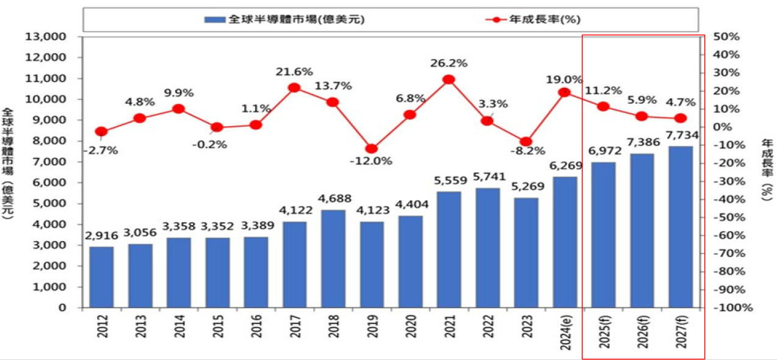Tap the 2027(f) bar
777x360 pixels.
click(680, 226)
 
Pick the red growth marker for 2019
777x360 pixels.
click(371, 149)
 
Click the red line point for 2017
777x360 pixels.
click(294, 87)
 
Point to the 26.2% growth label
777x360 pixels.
click(449, 63)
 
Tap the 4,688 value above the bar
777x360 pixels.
click(333, 199)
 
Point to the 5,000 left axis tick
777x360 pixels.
click(52, 203)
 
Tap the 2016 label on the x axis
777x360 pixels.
click(256, 330)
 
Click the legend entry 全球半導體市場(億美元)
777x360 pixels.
click(284, 20)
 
